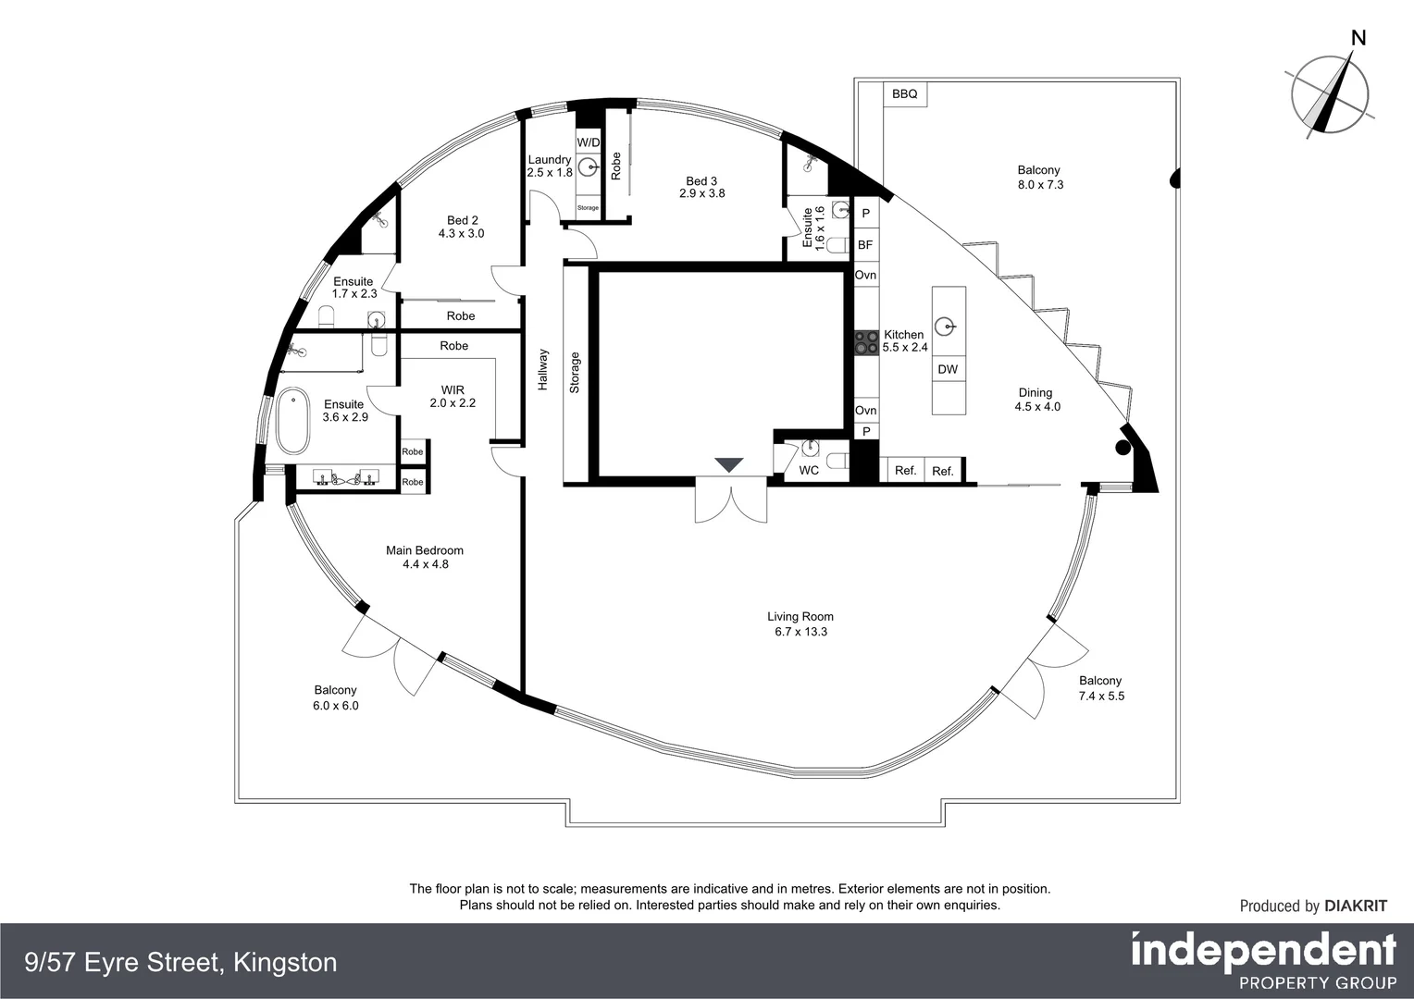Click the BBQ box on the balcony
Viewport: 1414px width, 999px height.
tap(904, 94)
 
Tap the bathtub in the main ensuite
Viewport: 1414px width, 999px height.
tap(293, 422)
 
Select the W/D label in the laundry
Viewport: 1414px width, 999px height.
tap(589, 142)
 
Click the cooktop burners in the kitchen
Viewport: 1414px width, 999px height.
tap(866, 342)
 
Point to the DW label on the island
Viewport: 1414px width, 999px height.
tap(948, 369)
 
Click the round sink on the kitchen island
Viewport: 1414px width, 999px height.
tap(944, 326)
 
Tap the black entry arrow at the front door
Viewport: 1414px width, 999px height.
tap(729, 464)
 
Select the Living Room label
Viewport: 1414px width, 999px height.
tap(800, 617)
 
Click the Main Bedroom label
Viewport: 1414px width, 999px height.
tap(425, 550)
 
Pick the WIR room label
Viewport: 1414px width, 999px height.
tap(453, 390)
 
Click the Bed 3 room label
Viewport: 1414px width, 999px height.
tap(701, 181)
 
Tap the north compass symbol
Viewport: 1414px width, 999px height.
tap(1330, 91)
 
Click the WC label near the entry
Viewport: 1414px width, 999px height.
tap(809, 470)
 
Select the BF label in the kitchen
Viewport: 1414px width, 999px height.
tap(865, 245)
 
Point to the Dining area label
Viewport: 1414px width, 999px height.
tap(1036, 392)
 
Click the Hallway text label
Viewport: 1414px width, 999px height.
tap(543, 369)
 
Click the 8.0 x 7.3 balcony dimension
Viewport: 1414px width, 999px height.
tap(1041, 185)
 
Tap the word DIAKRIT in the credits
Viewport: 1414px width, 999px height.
tap(1356, 906)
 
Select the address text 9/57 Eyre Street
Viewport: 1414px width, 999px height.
tap(181, 963)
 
